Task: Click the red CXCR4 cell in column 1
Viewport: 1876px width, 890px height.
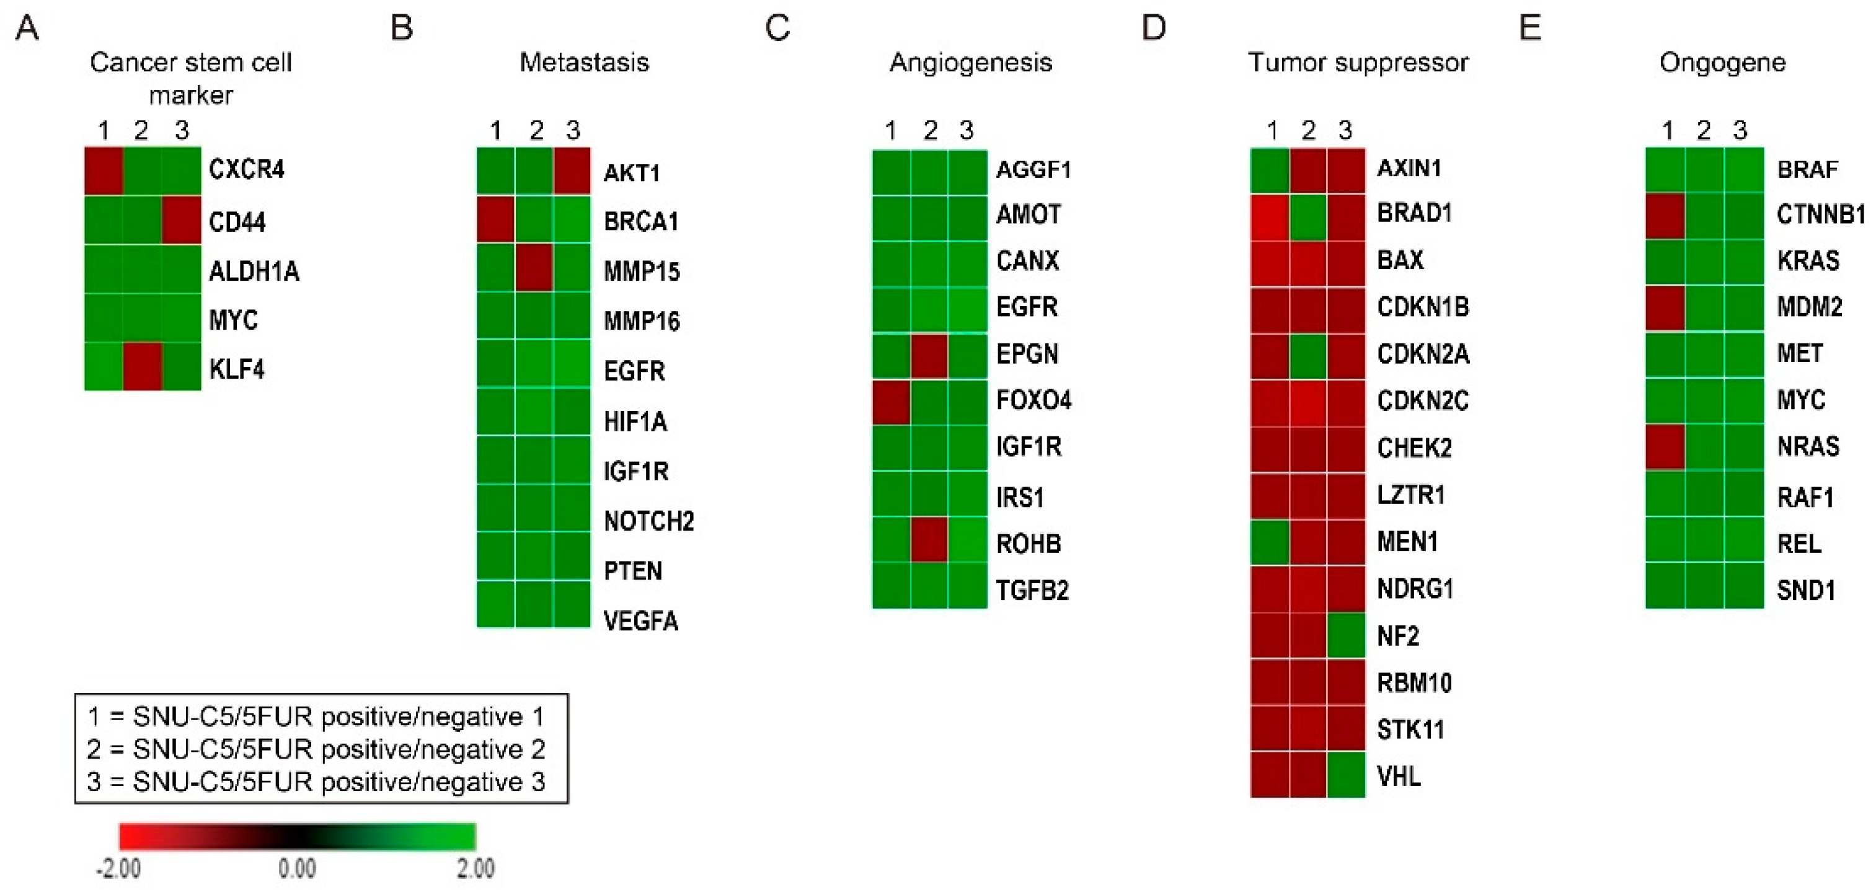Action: click(104, 170)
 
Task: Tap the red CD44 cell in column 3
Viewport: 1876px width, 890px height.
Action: click(181, 219)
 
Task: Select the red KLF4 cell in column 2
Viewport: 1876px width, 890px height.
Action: click(142, 366)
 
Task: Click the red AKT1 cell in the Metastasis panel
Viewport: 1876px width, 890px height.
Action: click(572, 172)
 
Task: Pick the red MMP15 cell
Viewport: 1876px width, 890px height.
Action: click(534, 268)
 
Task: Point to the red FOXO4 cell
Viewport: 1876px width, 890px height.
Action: click(892, 401)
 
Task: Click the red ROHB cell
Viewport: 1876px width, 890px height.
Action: click(929, 540)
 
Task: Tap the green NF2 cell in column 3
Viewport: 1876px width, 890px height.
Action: click(1346, 636)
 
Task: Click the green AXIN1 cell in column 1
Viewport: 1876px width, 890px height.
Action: click(1270, 170)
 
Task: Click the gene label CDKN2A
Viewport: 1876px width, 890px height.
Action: click(1422, 355)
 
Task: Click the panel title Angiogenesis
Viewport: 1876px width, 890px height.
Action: click(971, 63)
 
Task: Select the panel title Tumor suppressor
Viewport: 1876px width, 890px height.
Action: click(1358, 63)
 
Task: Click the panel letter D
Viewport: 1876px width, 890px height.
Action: click(1154, 28)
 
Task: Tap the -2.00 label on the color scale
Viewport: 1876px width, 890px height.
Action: click(118, 869)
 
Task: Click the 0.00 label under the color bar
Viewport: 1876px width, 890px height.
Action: click(297, 869)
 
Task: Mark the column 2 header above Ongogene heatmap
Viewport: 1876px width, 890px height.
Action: click(1704, 130)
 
